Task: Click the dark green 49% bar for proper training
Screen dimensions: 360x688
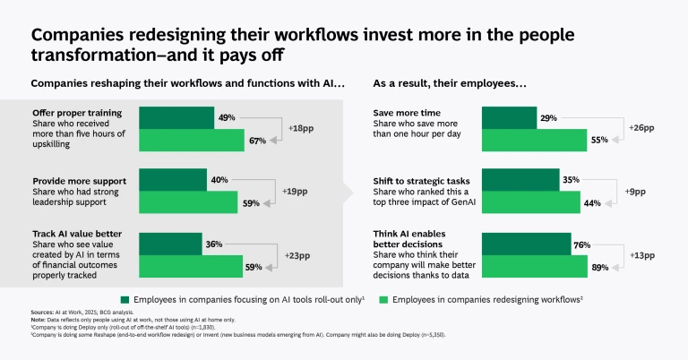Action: pos(176,117)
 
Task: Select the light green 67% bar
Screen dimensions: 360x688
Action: pos(191,140)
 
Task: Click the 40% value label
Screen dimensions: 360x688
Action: pos(217,179)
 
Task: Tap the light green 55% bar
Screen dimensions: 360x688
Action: pos(535,140)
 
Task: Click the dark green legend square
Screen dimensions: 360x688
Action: pos(125,297)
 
